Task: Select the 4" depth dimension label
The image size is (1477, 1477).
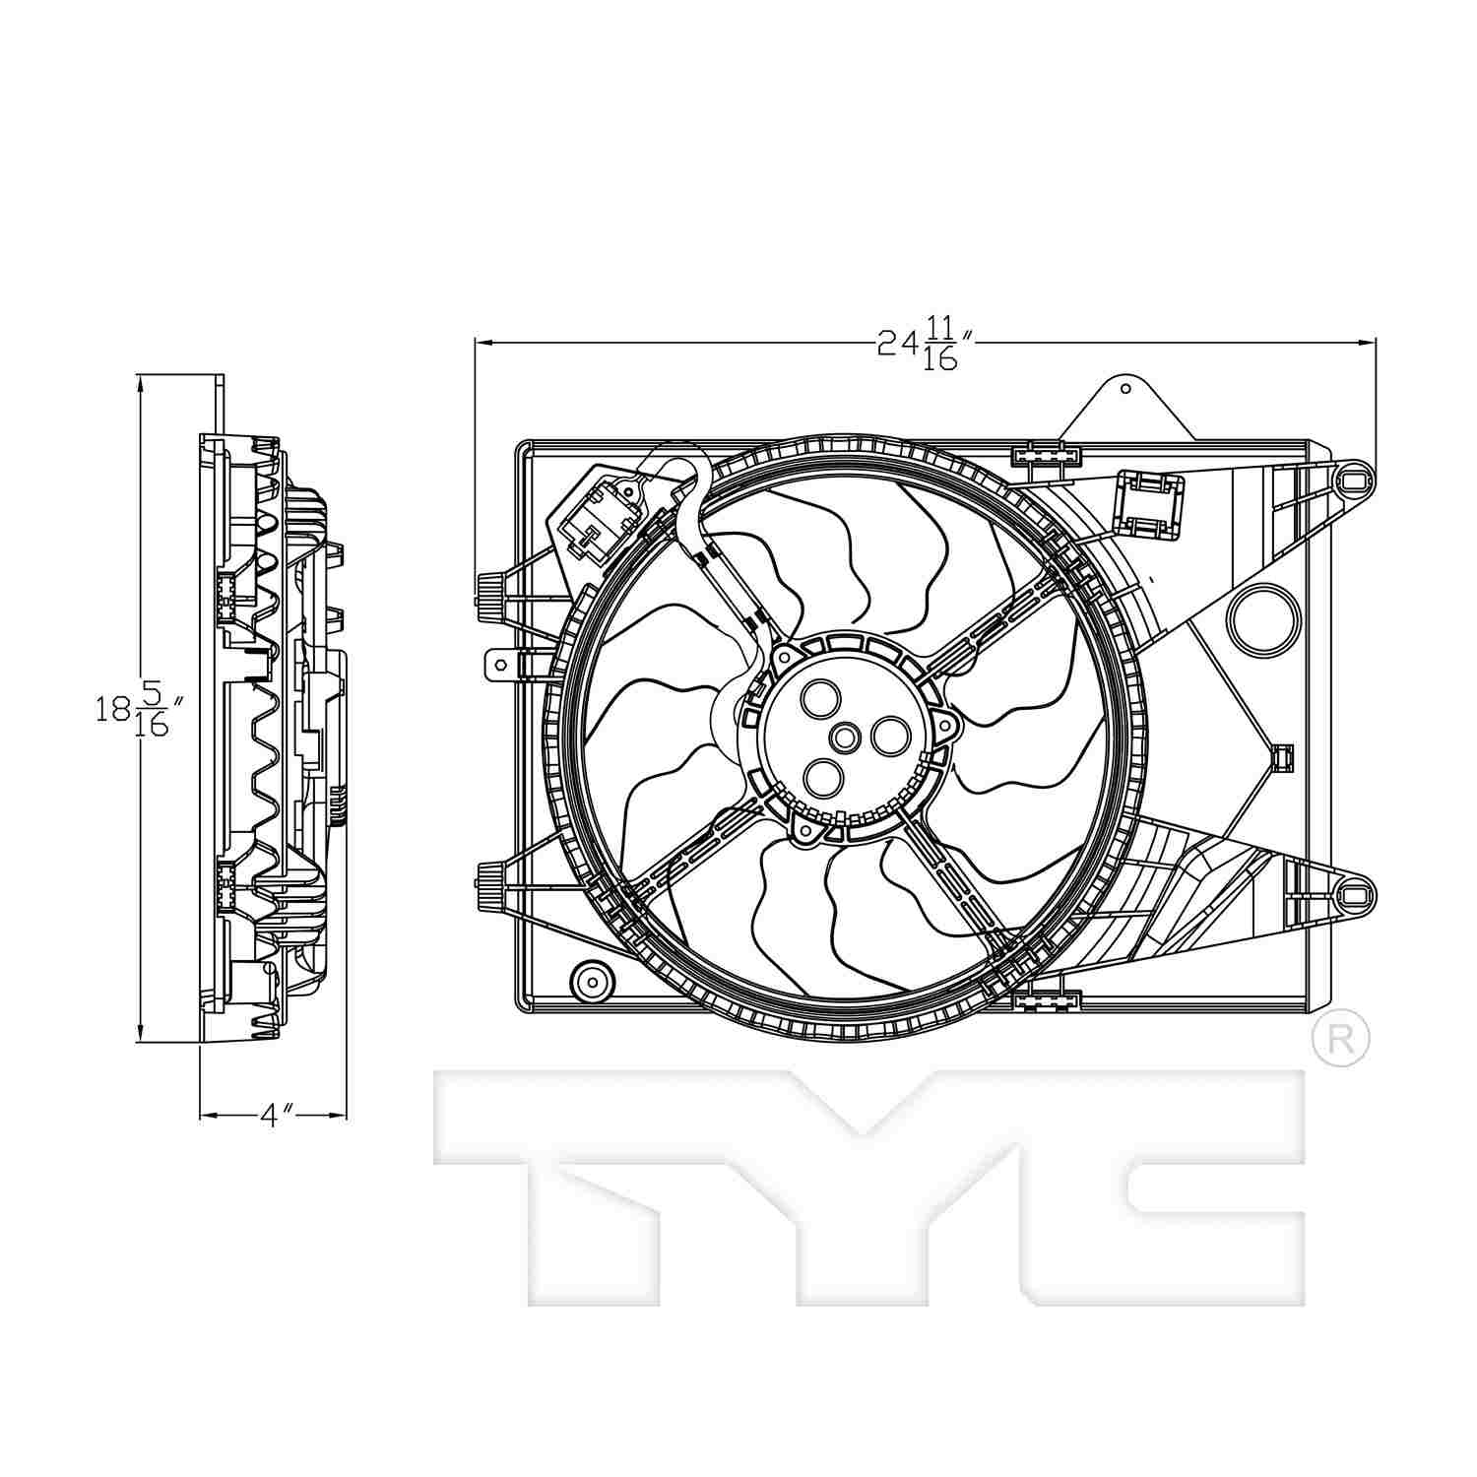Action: (x=276, y=1115)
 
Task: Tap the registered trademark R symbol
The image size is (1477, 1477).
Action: (x=1341, y=1037)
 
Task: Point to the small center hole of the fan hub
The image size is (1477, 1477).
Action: (x=846, y=737)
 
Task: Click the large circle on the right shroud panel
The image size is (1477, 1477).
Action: (x=1260, y=616)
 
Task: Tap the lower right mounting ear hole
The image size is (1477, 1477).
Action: (x=1354, y=894)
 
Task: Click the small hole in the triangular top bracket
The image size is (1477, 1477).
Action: (x=1125, y=388)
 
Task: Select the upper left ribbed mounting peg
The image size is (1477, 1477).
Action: (x=487, y=593)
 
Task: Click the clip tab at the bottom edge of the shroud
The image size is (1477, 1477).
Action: (x=1046, y=1001)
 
